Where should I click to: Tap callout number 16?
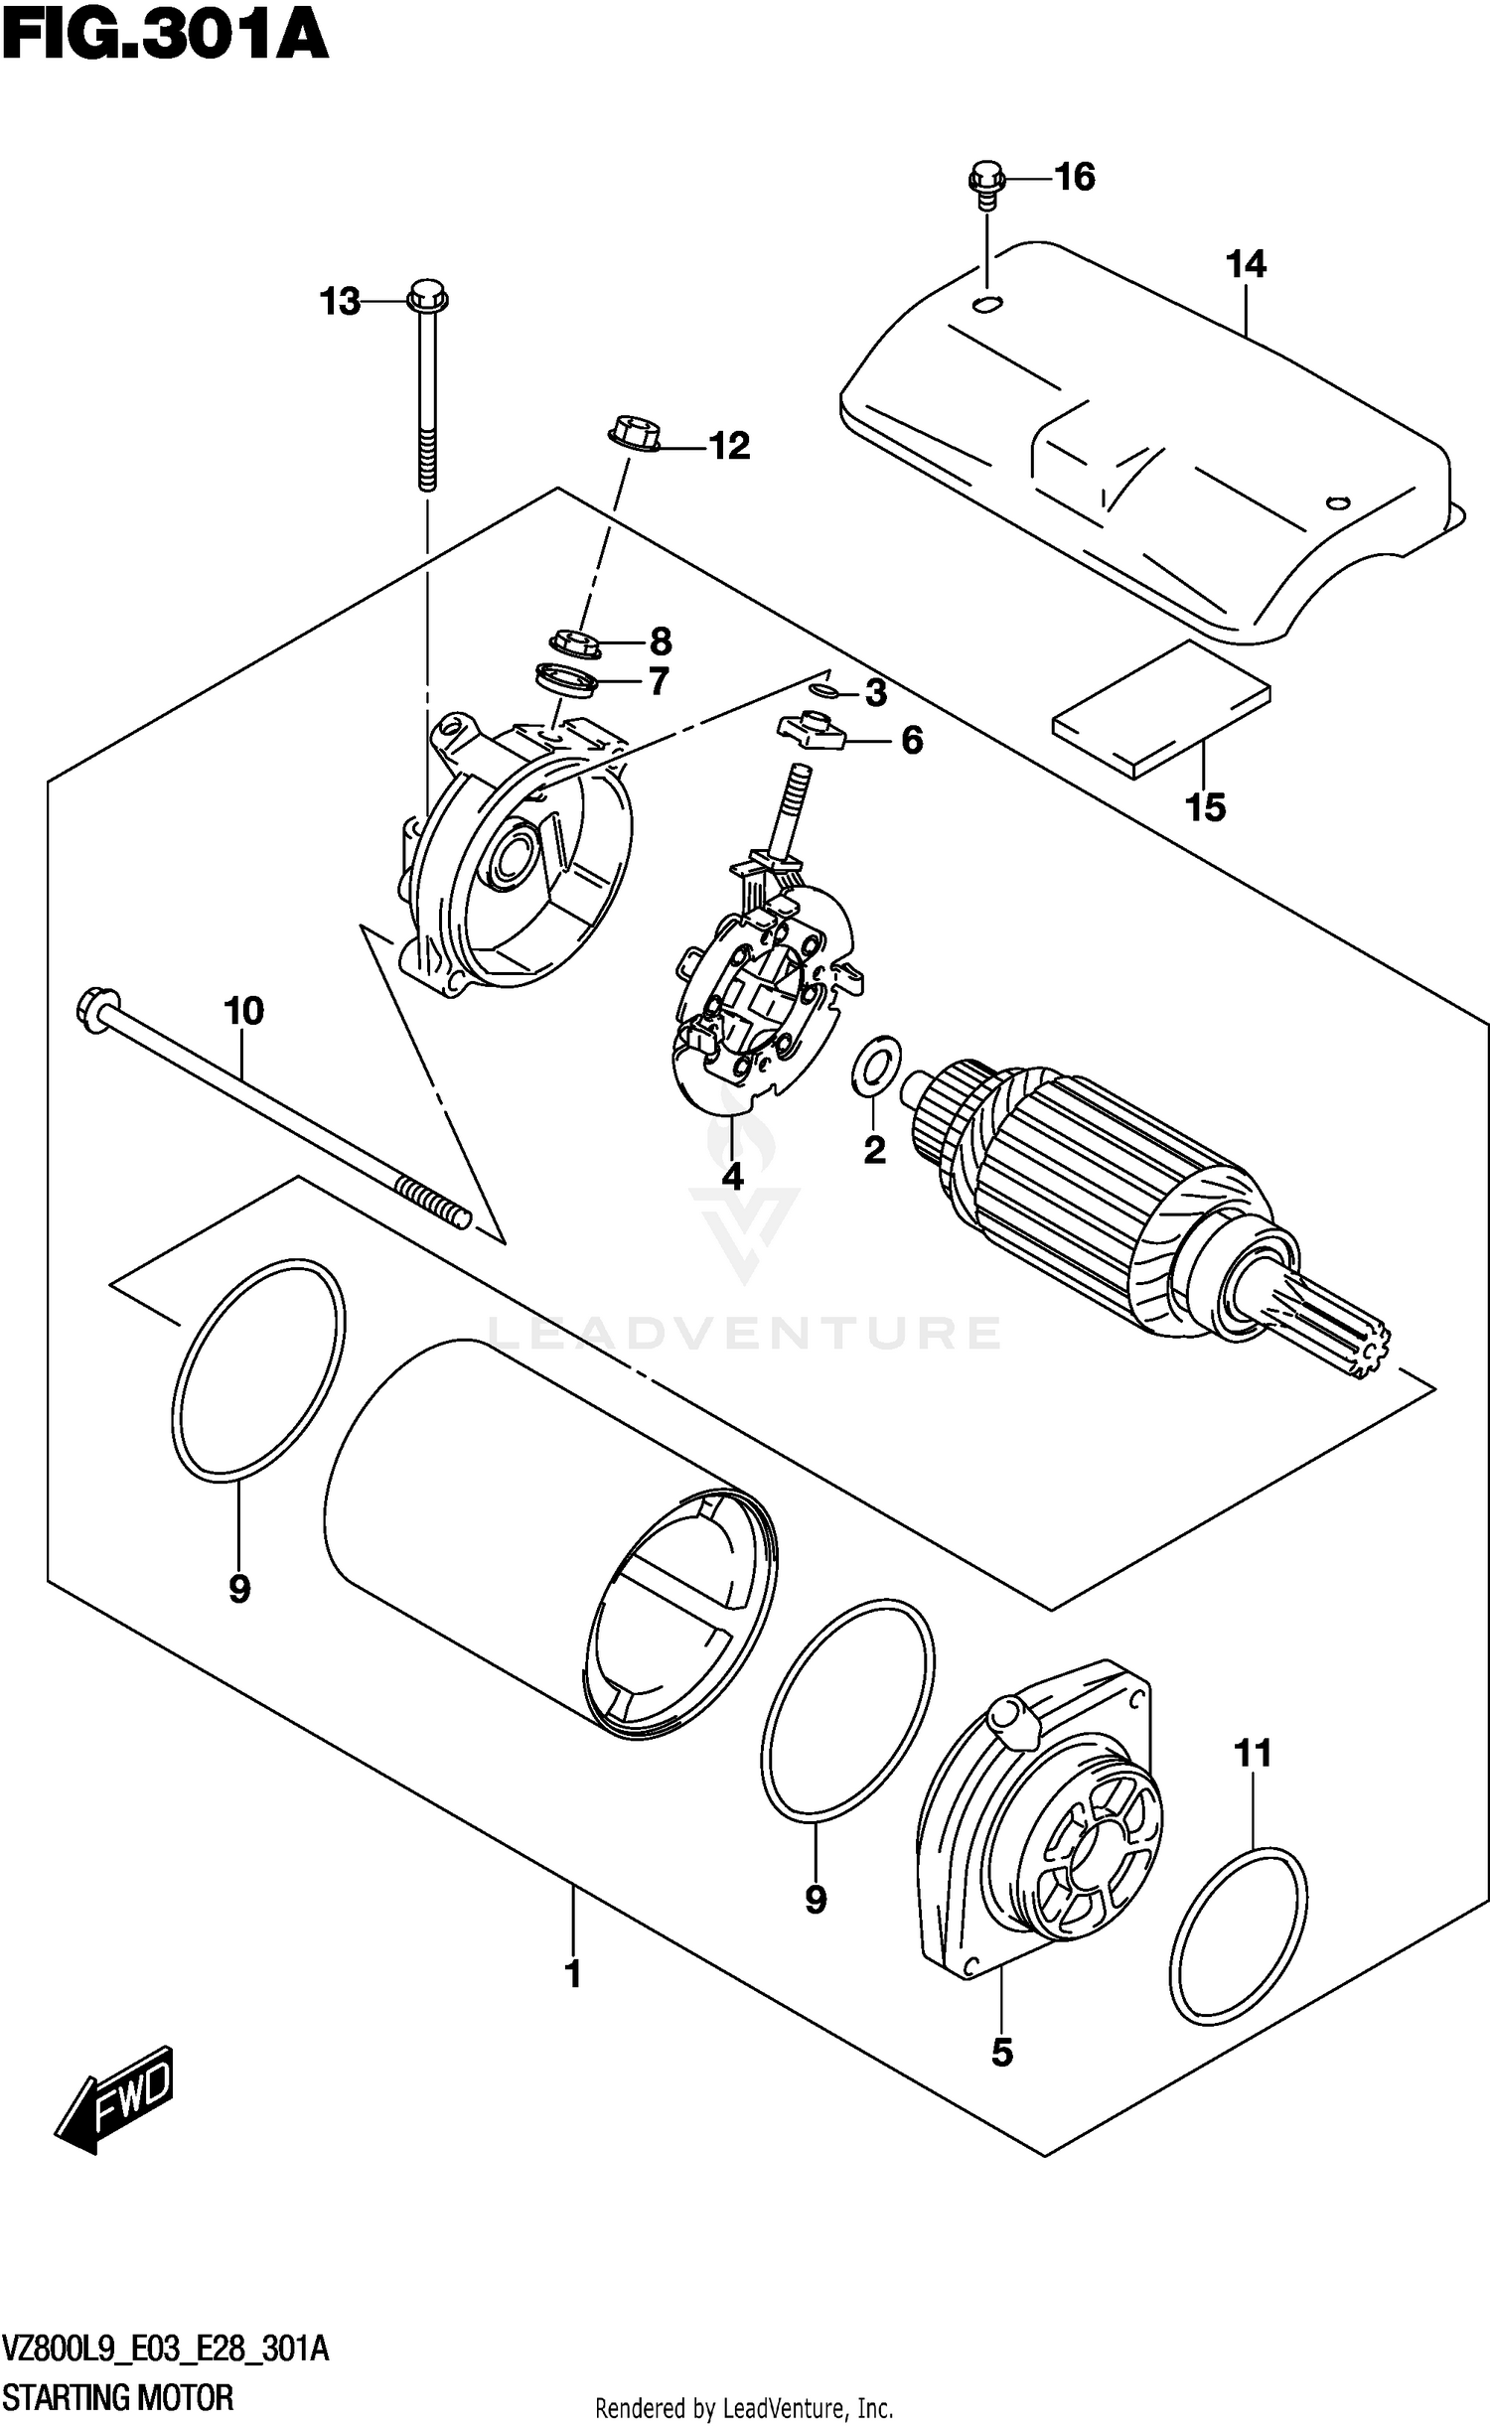pos(1074,178)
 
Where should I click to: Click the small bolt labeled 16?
pos(985,185)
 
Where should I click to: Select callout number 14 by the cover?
pos(1245,265)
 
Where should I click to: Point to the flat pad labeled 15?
pos(1160,708)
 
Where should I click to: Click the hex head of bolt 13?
pos(427,296)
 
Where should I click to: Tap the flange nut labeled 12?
pos(630,436)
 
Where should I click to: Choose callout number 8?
pos(661,642)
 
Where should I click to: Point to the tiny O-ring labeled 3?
pos(822,688)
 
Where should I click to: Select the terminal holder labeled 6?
pos(810,731)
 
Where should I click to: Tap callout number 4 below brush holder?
pos(732,1178)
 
